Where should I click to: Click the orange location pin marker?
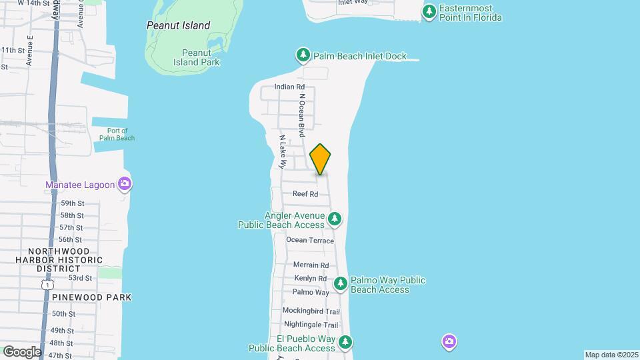(321, 159)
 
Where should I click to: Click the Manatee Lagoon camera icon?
(124, 183)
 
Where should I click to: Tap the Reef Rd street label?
(305, 194)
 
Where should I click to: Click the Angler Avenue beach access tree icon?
(335, 218)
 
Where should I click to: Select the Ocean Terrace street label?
(310, 240)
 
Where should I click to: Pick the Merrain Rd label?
(311, 265)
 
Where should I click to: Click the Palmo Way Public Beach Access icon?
(341, 284)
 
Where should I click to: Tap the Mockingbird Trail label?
(311, 311)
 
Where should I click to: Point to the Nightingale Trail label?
(310, 325)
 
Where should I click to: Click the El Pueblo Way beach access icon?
(345, 343)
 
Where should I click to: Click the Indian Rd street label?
(290, 87)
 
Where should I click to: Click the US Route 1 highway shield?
(45, 285)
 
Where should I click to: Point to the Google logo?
(21, 352)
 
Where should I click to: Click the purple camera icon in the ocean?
(449, 342)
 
